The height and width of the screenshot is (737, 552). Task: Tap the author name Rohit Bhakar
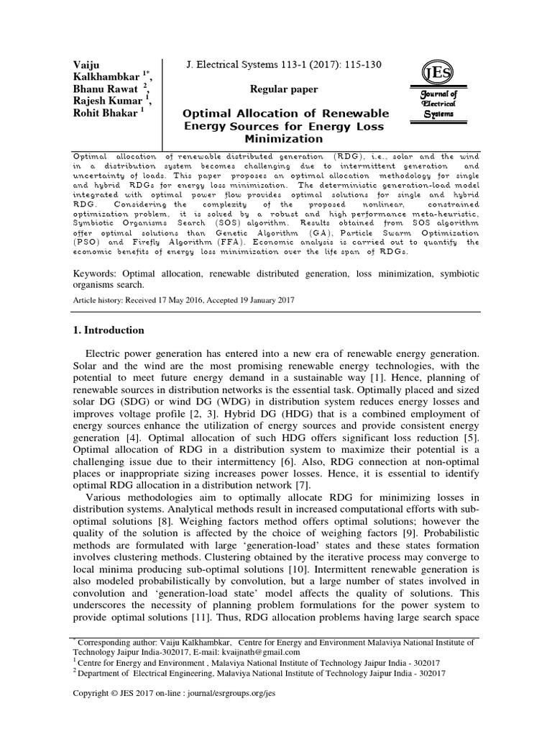[x=106, y=113]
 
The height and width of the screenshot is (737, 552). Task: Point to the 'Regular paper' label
[x=284, y=89]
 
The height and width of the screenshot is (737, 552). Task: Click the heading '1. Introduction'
[x=109, y=330]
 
